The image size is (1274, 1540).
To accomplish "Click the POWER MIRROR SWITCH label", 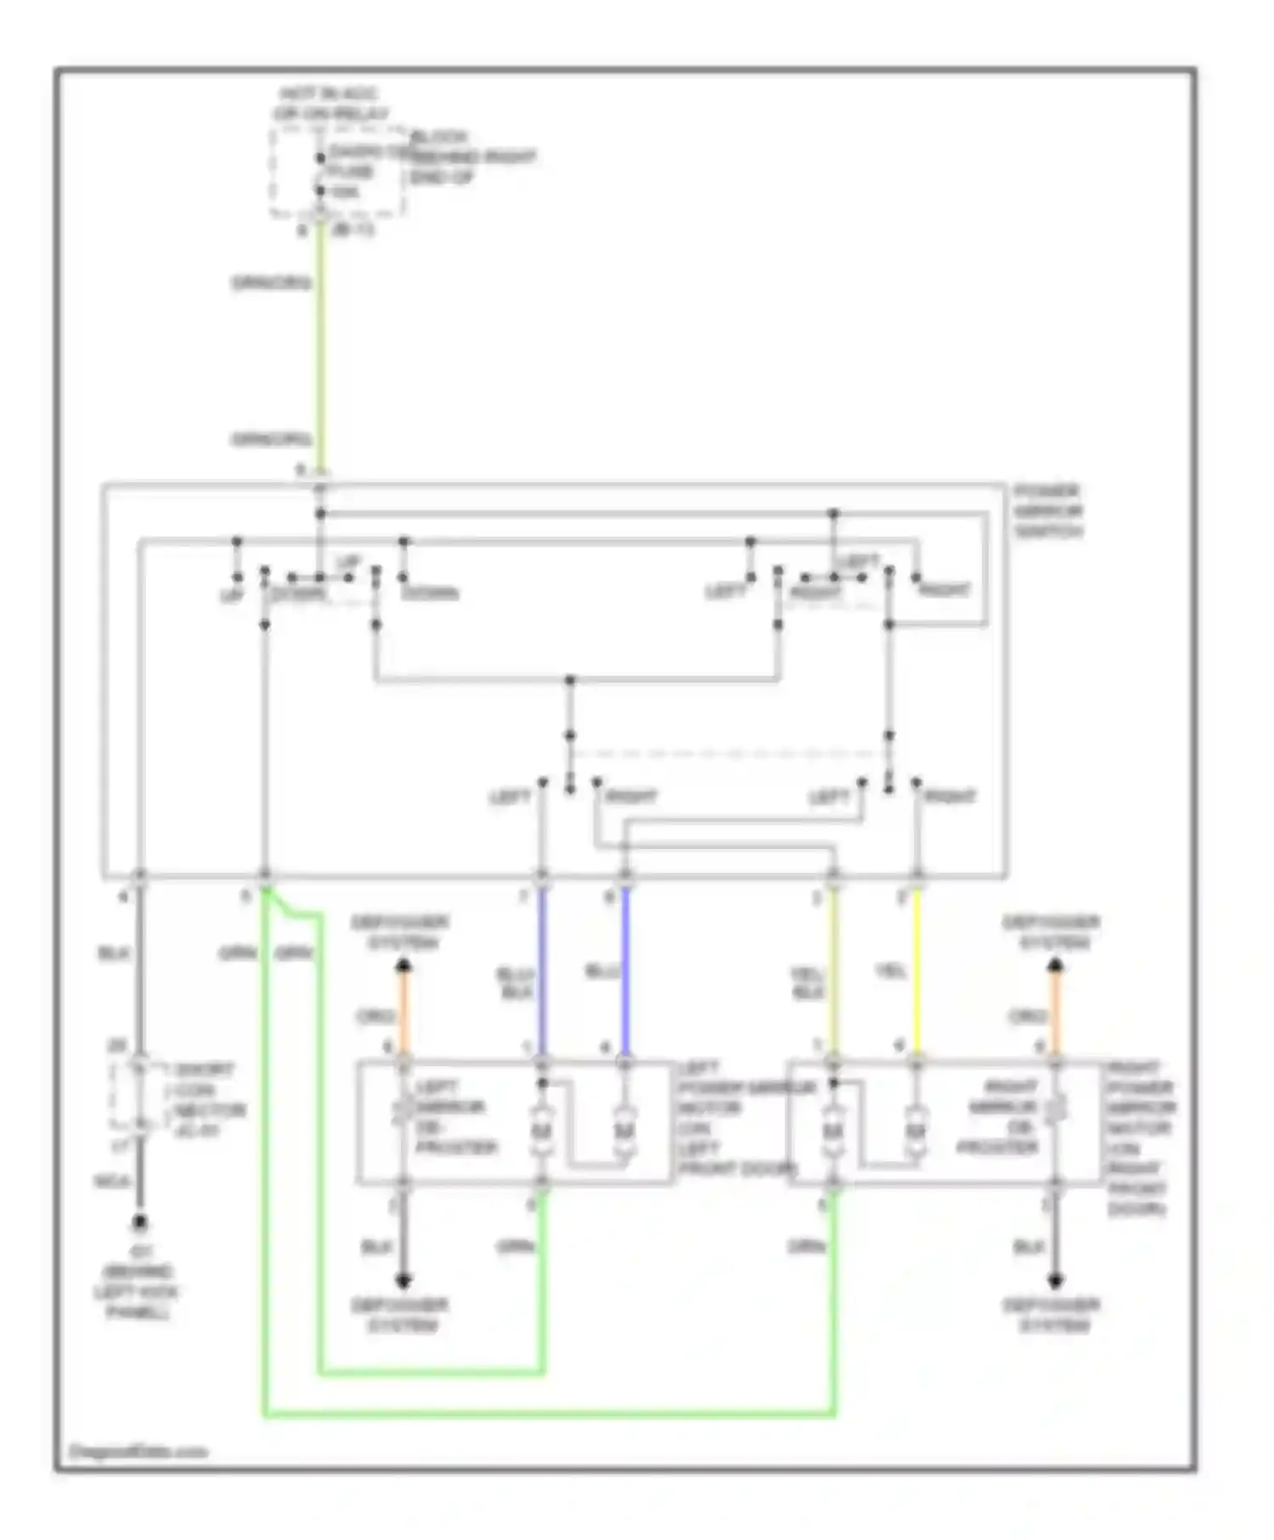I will point(1047,511).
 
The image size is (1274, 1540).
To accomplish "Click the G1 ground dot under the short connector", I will point(139,1222).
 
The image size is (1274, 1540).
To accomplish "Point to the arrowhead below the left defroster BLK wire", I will point(404,1280).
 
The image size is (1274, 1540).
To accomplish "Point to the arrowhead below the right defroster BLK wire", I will point(1055,1280).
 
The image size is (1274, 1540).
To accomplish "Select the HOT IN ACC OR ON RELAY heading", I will point(330,104).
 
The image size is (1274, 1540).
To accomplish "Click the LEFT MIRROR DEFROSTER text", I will point(454,1117).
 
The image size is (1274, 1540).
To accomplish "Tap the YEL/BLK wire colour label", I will point(807,982).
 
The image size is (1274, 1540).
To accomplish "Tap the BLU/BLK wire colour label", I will point(516,982).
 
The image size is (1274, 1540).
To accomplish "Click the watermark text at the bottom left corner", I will point(138,1451).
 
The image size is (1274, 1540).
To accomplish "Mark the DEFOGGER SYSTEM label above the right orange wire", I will point(1051,932).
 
